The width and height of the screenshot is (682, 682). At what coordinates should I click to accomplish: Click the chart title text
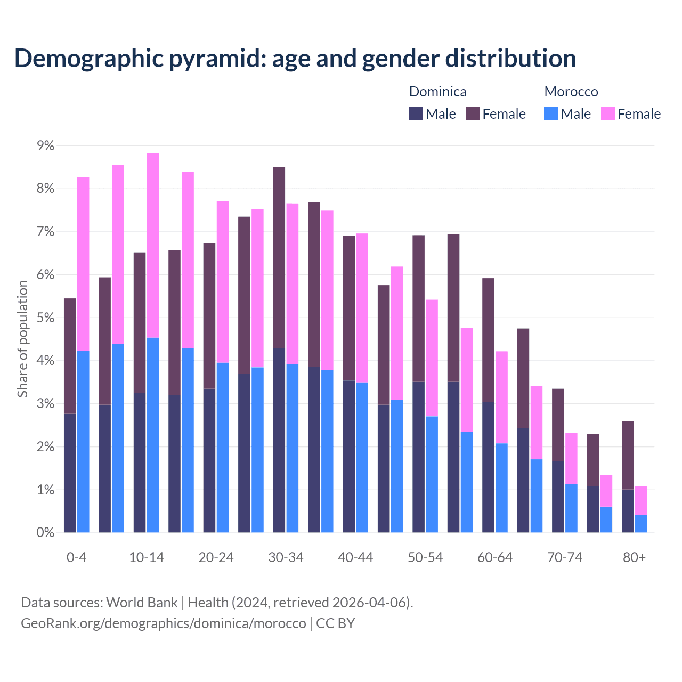(x=295, y=59)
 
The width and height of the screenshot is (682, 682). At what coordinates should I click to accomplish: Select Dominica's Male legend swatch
(x=416, y=113)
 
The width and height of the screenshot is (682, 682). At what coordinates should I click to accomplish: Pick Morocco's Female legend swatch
(x=607, y=113)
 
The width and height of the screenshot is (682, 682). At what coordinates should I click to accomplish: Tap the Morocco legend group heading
(x=571, y=92)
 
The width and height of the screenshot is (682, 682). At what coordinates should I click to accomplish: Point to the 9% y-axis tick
(x=45, y=145)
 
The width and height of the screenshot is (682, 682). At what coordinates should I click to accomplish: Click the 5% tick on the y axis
(x=45, y=318)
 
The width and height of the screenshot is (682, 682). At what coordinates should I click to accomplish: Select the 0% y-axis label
(x=45, y=532)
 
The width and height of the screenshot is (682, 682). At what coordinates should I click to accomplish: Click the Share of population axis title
(x=22, y=339)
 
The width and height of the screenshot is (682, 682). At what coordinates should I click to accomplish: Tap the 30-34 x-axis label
(x=286, y=558)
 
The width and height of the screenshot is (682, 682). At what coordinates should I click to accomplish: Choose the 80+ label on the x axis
(x=634, y=558)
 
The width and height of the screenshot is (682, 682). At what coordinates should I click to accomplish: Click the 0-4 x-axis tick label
(x=76, y=558)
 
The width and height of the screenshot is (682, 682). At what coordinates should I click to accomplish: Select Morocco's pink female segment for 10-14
(x=153, y=245)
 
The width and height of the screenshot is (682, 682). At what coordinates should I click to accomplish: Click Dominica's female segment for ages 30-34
(x=279, y=257)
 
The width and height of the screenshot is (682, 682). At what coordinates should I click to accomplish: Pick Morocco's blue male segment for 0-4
(x=83, y=442)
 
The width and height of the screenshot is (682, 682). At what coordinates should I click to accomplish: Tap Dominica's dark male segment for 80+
(x=628, y=511)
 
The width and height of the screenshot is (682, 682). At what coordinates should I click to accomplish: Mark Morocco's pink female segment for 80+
(x=641, y=500)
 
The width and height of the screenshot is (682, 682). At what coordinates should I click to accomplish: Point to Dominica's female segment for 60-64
(x=488, y=340)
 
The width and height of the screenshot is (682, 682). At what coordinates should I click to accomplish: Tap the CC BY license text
(x=335, y=623)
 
